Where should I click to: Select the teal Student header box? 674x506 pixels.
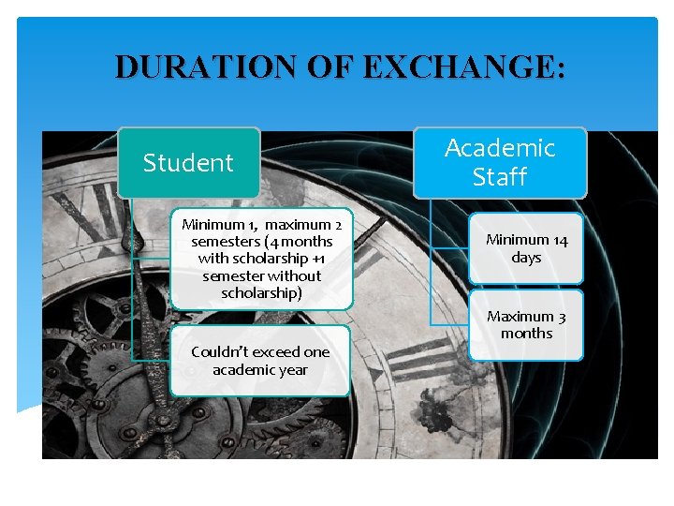tap(188, 163)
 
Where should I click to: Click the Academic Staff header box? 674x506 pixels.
tap(500, 162)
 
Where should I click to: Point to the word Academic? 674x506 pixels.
tap(500, 148)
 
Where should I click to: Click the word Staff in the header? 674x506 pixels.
tap(500, 177)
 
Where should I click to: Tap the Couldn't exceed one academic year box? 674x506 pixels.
tap(260, 361)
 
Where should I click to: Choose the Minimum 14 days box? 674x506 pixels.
tap(526, 248)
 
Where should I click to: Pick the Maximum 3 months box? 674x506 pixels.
tap(526, 325)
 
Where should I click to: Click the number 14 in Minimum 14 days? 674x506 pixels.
tap(559, 241)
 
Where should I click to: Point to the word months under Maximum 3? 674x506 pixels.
tap(526, 334)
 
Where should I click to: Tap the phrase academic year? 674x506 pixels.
tap(260, 370)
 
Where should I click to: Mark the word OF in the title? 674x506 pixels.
tap(335, 67)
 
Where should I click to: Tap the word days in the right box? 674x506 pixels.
tap(526, 258)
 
